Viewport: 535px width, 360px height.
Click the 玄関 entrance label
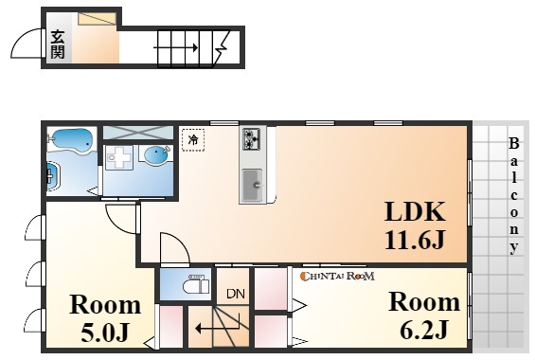click(58, 45)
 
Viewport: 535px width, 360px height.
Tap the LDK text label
click(415, 212)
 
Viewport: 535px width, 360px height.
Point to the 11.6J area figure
click(415, 240)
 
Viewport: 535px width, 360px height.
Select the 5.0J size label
click(105, 332)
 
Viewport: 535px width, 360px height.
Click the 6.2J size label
click(423, 330)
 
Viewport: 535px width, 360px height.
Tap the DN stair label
click(236, 294)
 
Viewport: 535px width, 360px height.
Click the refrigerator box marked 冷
click(193, 140)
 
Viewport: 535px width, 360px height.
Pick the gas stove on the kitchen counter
click(252, 139)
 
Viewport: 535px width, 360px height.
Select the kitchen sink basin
click(253, 186)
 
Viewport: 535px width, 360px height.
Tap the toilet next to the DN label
click(196, 285)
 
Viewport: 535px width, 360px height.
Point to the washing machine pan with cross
click(118, 157)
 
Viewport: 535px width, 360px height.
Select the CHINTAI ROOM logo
click(337, 276)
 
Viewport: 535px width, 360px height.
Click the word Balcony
click(514, 196)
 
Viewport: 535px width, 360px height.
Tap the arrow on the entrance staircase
click(176, 47)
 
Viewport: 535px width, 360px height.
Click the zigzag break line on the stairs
click(221, 47)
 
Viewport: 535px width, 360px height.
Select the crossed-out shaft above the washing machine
click(138, 133)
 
